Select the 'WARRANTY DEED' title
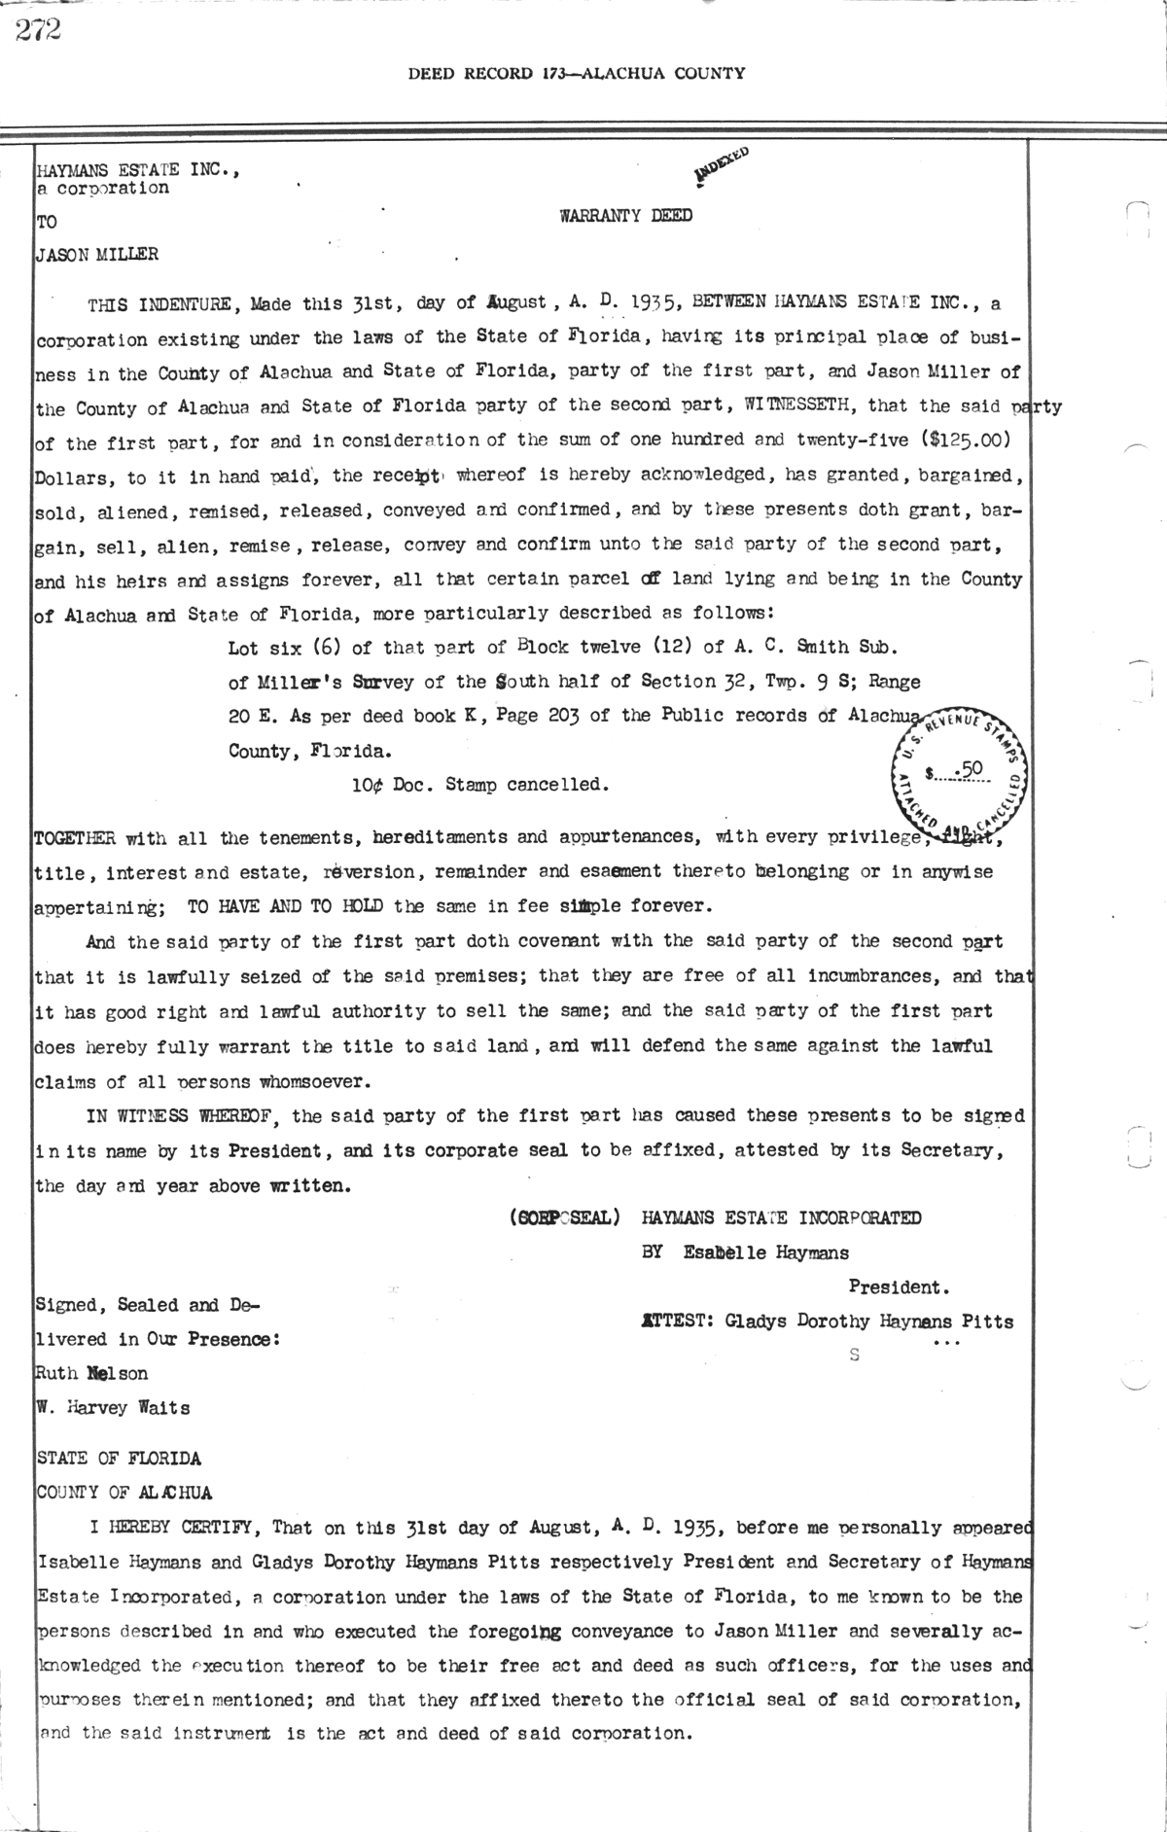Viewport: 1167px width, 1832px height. (625, 216)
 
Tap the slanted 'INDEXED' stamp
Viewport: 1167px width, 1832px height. (721, 164)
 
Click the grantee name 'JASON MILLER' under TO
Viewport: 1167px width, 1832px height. (96, 256)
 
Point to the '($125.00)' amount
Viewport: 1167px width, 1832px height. (968, 440)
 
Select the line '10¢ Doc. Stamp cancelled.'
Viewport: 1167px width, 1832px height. (479, 785)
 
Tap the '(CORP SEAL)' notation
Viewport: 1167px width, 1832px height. (564, 1217)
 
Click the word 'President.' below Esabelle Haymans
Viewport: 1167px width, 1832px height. (899, 1287)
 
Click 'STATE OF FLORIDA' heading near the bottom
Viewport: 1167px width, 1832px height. (119, 1459)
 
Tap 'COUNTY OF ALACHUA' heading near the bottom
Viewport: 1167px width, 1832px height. (124, 1493)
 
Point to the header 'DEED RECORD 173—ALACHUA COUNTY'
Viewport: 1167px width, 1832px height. (577, 73)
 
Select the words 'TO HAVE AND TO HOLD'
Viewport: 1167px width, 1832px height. (284, 906)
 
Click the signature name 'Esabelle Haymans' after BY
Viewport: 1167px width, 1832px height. (765, 1252)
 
